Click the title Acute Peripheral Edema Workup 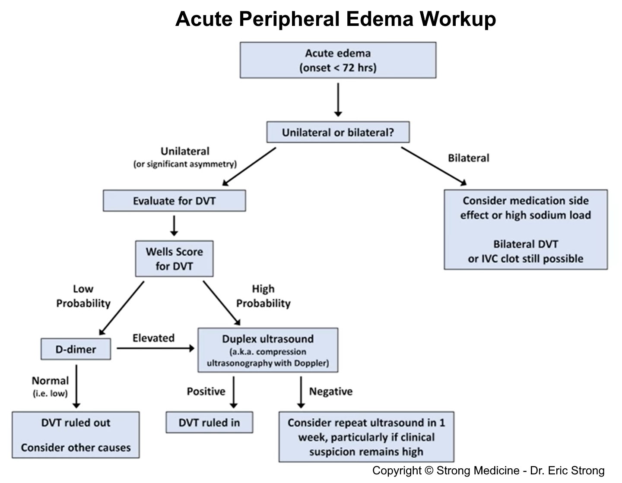tap(336, 19)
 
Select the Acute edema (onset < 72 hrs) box tap(338, 60)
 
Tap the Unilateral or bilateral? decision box tap(338, 132)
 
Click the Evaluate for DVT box tap(174, 201)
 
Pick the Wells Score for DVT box tap(174, 259)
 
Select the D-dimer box tap(76, 349)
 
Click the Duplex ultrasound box tap(268, 350)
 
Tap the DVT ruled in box tap(209, 422)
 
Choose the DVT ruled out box tap(76, 435)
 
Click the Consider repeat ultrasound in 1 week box tap(366, 437)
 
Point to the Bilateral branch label tap(468, 158)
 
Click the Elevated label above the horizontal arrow tap(153, 338)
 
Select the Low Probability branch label tap(83, 296)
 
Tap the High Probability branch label tap(263, 296)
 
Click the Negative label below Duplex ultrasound tap(330, 391)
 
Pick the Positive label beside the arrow tap(206, 391)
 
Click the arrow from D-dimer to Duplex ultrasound tap(155, 348)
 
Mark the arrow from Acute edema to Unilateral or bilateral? tap(338, 99)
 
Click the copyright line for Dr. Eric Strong tap(488, 470)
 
